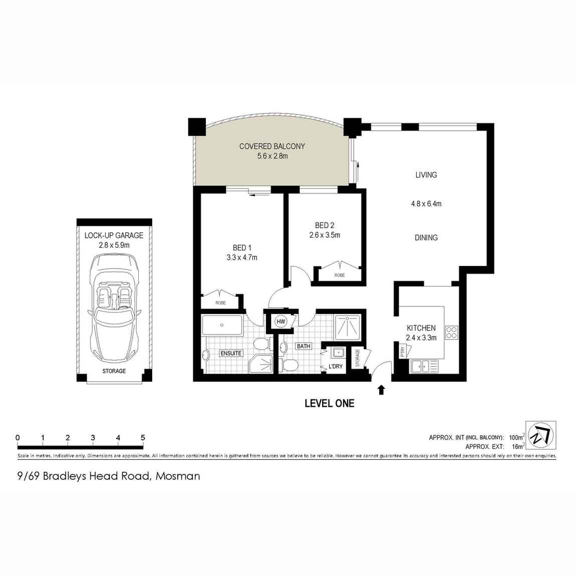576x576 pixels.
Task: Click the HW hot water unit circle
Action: tap(280, 322)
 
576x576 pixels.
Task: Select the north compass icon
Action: tap(541, 435)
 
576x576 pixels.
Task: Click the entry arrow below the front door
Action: tap(381, 390)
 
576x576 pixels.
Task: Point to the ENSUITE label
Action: tap(231, 354)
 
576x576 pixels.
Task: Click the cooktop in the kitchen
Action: tap(451, 333)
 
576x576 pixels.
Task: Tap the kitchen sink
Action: tap(421, 366)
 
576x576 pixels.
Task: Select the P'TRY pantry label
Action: tap(403, 352)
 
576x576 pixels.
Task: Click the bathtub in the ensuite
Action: tap(222, 325)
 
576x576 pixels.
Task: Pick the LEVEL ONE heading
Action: tap(330, 403)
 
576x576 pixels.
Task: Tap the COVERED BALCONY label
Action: tap(272, 146)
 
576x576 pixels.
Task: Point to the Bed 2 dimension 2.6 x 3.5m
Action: tap(325, 235)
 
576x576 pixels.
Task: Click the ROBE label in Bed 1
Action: tap(221, 303)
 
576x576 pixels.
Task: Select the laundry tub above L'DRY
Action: tap(337, 353)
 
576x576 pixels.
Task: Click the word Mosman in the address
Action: tap(178, 476)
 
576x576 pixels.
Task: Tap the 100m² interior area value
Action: tap(516, 437)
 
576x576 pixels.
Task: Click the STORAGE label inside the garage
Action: tap(114, 371)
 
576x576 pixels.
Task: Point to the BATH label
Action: tap(304, 347)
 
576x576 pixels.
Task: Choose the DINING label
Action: tap(426, 238)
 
